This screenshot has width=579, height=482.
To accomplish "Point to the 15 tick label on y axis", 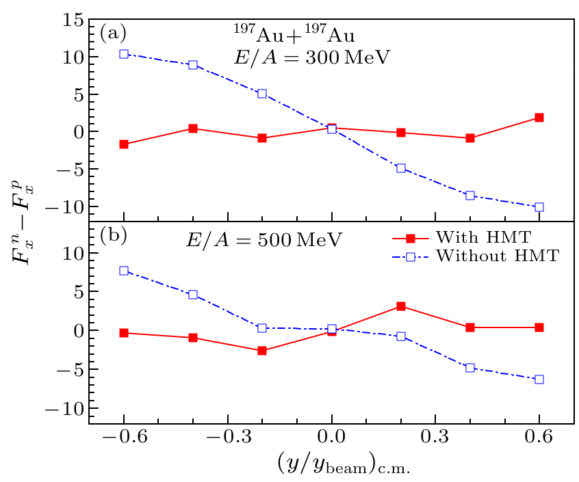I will point(70,21).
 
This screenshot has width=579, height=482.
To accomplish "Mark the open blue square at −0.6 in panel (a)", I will point(124,53).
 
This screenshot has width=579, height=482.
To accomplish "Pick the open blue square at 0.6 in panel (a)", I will point(539,207).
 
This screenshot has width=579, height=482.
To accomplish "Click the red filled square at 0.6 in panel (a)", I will point(539,118).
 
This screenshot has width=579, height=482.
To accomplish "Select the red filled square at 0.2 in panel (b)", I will point(401,306).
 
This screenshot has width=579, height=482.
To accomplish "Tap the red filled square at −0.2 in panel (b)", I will point(262,351).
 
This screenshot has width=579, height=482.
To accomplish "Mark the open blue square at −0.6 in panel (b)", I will point(124,271).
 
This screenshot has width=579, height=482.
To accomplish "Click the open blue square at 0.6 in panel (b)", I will point(539,379).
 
